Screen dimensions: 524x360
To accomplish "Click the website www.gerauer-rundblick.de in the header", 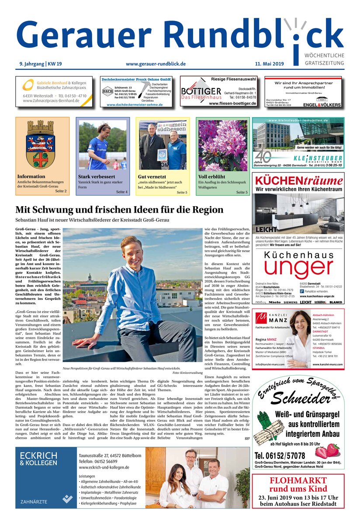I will coord(156,64).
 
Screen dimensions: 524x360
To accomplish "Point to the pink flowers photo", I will coord(222,145).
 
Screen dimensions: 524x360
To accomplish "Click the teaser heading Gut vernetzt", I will coord(152,177).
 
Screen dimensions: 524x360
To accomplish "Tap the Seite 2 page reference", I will coord(61,191).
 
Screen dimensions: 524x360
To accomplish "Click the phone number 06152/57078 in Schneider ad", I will coord(280,456).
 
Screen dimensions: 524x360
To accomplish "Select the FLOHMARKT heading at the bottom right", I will coord(298,481).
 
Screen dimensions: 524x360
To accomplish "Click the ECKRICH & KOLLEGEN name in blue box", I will coord(38,458).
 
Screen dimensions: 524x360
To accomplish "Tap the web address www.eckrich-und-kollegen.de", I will coord(104,467).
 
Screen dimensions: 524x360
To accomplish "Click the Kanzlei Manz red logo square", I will coord(261,317).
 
